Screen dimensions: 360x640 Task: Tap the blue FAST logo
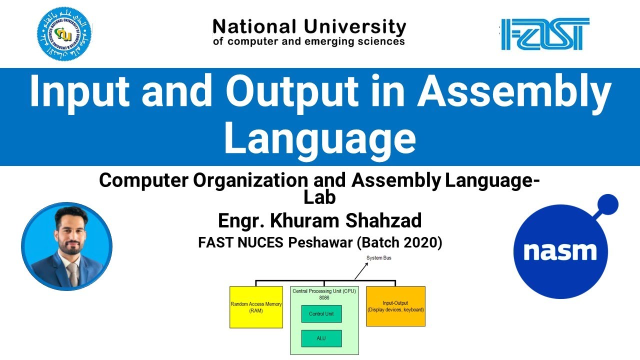click(x=545, y=34)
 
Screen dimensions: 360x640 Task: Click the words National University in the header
click(x=309, y=26)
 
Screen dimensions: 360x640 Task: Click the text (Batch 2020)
click(x=399, y=243)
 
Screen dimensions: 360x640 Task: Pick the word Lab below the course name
click(x=319, y=198)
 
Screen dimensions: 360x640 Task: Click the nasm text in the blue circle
click(x=560, y=250)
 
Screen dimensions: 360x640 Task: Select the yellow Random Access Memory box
click(x=256, y=307)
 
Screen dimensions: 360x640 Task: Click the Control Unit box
click(x=321, y=314)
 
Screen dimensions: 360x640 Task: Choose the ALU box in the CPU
click(x=321, y=338)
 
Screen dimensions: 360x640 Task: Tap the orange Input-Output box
click(x=395, y=306)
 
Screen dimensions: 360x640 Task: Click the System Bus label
click(x=378, y=258)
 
